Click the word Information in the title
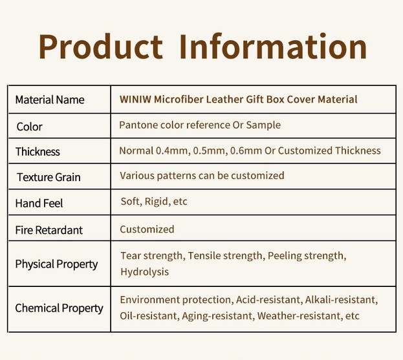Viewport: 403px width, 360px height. click(x=273, y=47)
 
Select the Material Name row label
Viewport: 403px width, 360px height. click(x=50, y=100)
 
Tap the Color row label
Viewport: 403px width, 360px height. click(x=30, y=127)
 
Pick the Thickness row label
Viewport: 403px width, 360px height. click(x=38, y=152)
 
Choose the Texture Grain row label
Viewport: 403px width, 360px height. click(x=49, y=177)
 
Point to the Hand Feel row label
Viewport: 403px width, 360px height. click(x=39, y=204)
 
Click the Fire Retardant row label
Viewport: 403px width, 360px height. click(x=49, y=230)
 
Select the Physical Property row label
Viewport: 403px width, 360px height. click(x=56, y=264)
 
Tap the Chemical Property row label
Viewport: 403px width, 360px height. click(x=59, y=308)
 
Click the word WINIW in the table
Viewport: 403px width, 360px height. click(x=135, y=100)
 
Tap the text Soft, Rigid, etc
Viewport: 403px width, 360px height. click(x=154, y=202)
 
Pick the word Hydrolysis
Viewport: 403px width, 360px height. click(x=144, y=271)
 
